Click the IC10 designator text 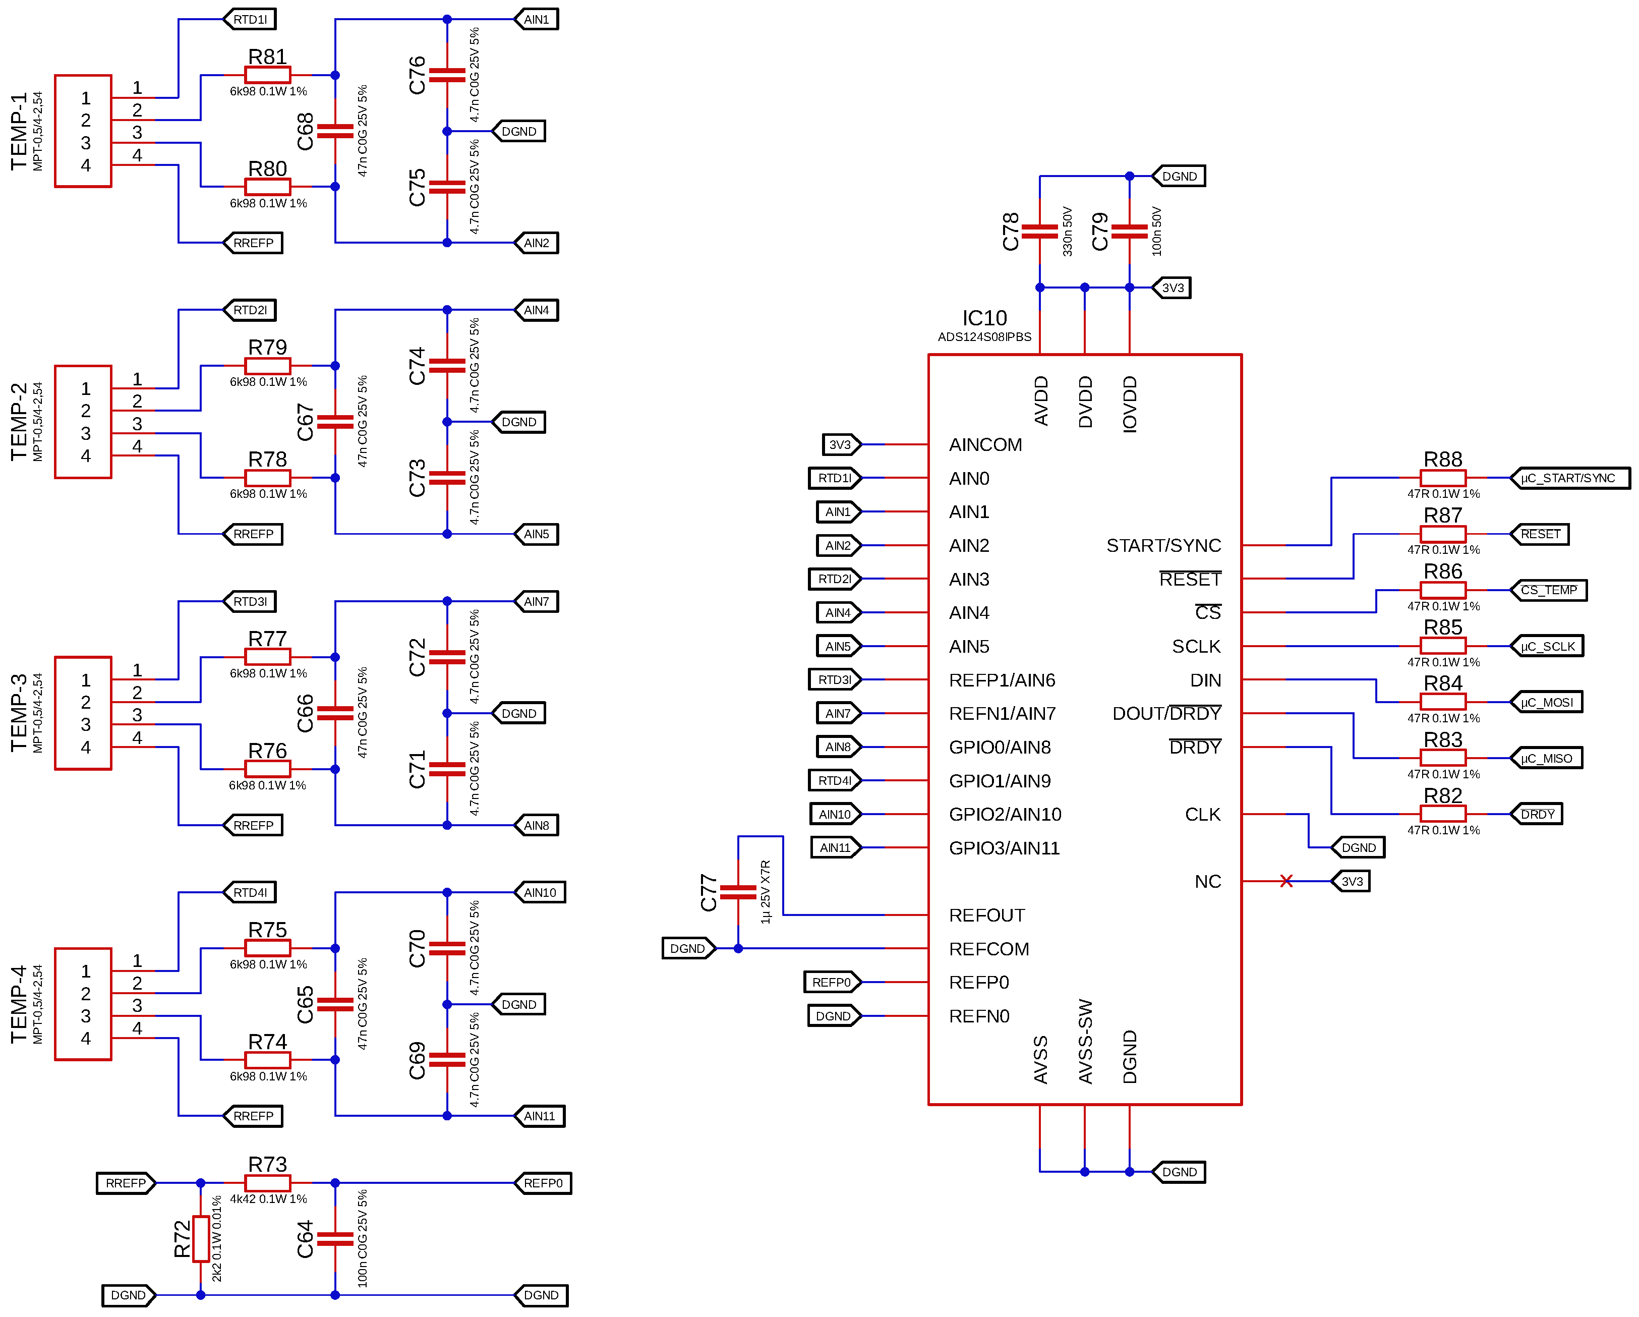(984, 318)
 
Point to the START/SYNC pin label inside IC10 (1162, 545)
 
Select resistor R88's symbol (1442, 478)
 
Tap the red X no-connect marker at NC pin (1285, 881)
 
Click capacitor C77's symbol (737, 892)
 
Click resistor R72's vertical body (201, 1239)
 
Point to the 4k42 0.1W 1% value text (268, 1199)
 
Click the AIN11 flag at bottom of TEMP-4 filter (539, 1116)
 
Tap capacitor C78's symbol (1039, 231)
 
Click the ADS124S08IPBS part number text (984, 337)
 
